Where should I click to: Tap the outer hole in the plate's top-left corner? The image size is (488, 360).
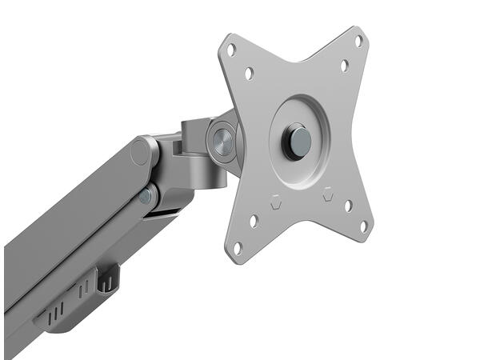click(x=231, y=50)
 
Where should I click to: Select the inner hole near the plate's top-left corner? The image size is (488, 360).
click(x=249, y=74)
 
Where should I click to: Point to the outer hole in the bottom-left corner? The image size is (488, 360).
click(x=237, y=247)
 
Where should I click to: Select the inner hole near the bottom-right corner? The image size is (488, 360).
click(x=348, y=206)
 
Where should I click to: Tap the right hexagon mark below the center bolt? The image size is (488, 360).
click(x=327, y=193)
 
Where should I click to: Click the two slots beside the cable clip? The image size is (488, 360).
click(x=84, y=288)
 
